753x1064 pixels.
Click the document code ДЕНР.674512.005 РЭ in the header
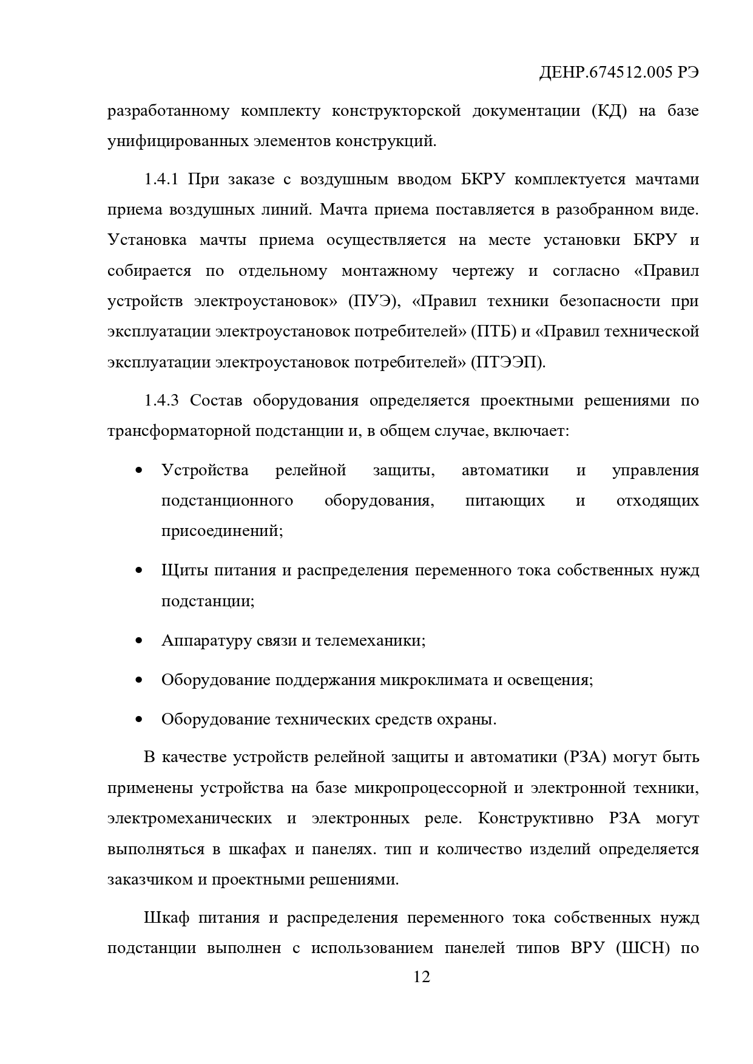[x=619, y=73]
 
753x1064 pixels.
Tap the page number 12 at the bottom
[x=421, y=977]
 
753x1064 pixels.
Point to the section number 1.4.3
[x=161, y=401]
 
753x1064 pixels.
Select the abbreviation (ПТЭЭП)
[x=508, y=363]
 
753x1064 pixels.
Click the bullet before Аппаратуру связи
[x=140, y=641]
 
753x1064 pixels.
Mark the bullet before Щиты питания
[x=140, y=571]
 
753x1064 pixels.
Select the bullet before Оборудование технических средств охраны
[x=140, y=720]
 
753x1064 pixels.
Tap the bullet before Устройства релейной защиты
[x=140, y=471]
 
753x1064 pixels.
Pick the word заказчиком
[x=150, y=879]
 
